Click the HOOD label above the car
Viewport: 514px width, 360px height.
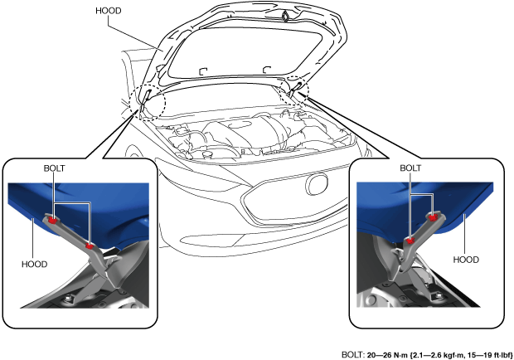tap(109, 11)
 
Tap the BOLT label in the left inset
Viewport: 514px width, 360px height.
tap(55, 168)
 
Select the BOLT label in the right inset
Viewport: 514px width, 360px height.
tap(410, 168)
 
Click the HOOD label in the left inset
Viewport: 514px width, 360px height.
tap(35, 264)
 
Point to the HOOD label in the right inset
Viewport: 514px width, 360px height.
tap(466, 260)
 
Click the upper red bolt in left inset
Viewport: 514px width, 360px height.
tap(51, 220)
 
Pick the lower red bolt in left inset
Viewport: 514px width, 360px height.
tap(89, 246)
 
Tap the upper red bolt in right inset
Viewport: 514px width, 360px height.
tap(433, 217)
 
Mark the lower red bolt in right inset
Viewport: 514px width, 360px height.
tap(410, 241)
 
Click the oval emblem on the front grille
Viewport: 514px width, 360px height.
tap(317, 184)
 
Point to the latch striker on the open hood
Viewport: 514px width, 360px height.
tap(285, 16)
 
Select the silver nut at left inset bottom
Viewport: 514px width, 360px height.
tap(69, 299)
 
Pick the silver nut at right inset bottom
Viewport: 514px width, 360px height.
tap(439, 296)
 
